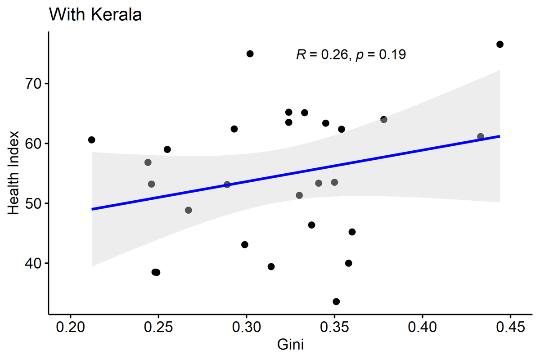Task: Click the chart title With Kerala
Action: pos(95,15)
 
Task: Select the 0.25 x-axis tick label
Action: pos(158,327)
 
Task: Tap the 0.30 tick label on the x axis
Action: pos(246,327)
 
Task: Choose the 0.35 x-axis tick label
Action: pos(334,327)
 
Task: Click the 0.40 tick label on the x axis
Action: pos(422,327)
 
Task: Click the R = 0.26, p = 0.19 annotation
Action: pos(351,55)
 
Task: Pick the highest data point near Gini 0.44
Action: pos(499,44)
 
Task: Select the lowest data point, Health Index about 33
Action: pos(336,301)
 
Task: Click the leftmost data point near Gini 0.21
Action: pos(92,140)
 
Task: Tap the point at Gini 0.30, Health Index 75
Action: pos(250,54)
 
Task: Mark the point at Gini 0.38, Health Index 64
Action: pos(383,120)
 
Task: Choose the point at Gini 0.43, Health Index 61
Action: pos(480,136)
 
